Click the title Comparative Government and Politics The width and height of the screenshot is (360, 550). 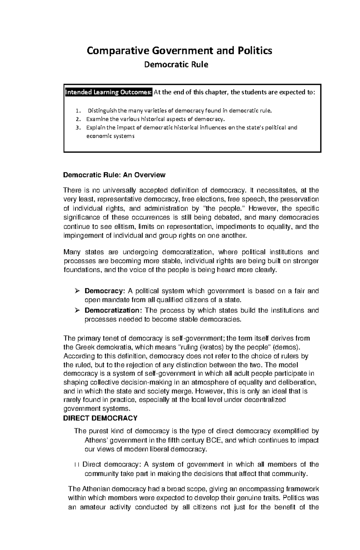[179, 51]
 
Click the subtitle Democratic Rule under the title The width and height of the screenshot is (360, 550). [176, 64]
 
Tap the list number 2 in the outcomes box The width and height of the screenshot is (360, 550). [78, 119]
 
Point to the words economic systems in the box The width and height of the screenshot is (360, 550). [110, 136]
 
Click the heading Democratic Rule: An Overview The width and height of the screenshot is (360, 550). [114, 175]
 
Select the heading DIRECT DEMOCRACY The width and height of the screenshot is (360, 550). [100, 418]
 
